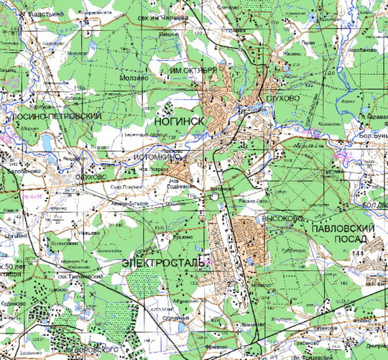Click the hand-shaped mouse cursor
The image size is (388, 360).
tap(214, 195)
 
